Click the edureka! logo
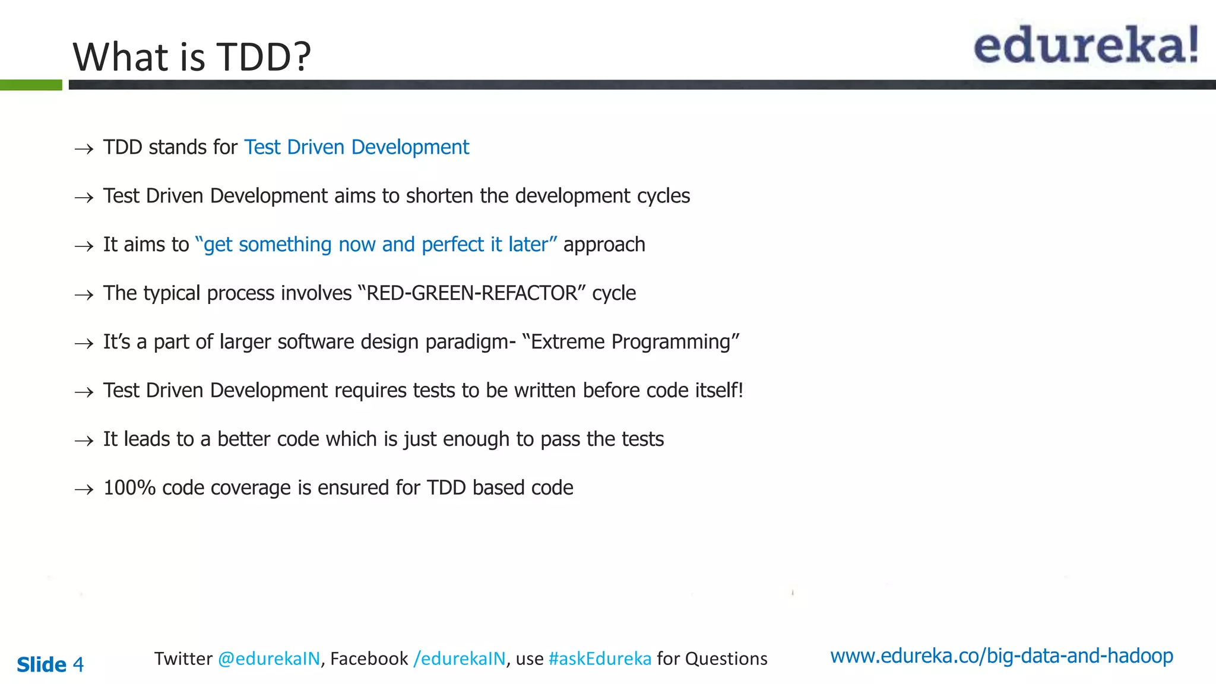pyautogui.click(x=1085, y=46)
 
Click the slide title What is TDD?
pyautogui.click(x=192, y=57)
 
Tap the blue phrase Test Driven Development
pyautogui.click(x=356, y=147)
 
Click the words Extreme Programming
pyautogui.click(x=631, y=341)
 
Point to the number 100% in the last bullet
pyautogui.click(x=129, y=487)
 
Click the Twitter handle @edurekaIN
pyautogui.click(x=269, y=658)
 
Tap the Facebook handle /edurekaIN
pyautogui.click(x=460, y=658)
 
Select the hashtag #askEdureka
pyautogui.click(x=600, y=658)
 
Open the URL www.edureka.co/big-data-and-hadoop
pyautogui.click(x=1001, y=655)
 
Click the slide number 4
pyautogui.click(x=78, y=664)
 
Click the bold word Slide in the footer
pyautogui.click(x=42, y=664)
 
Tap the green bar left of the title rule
pyautogui.click(x=31, y=85)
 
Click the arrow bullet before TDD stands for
pyautogui.click(x=84, y=148)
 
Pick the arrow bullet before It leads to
pyautogui.click(x=84, y=441)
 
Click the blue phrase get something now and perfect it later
pyautogui.click(x=376, y=244)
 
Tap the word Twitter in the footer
pyautogui.click(x=183, y=658)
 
